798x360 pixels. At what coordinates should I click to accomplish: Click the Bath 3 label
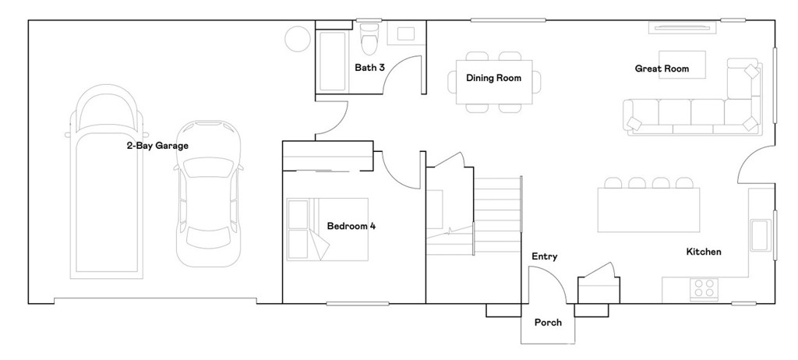(x=369, y=67)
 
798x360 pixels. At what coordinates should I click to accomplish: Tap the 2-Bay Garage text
(x=157, y=146)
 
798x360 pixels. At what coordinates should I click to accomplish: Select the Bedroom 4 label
(x=351, y=225)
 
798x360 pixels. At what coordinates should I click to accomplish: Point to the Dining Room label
(x=493, y=78)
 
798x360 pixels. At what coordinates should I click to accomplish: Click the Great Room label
(x=662, y=69)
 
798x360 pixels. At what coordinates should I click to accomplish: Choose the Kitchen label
(x=704, y=252)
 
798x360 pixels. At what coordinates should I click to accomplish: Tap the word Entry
(x=545, y=256)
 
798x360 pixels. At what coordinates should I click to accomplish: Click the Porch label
(x=548, y=323)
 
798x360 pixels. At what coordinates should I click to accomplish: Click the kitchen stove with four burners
(x=704, y=289)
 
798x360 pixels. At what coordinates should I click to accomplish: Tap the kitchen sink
(x=760, y=235)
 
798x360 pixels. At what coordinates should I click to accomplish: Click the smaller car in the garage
(x=208, y=194)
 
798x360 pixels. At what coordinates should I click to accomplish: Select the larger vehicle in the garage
(x=106, y=182)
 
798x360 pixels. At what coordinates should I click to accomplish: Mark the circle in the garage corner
(x=297, y=39)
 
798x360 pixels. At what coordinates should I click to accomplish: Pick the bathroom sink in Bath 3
(x=405, y=34)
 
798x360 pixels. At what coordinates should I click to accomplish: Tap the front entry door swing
(x=560, y=280)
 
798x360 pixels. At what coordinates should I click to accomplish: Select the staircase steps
(x=497, y=215)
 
